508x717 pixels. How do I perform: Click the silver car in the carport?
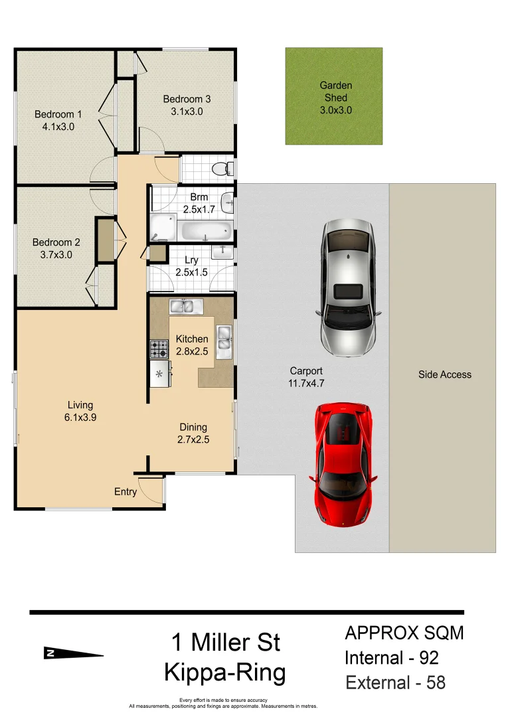(x=348, y=288)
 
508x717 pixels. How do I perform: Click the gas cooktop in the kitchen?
(x=159, y=349)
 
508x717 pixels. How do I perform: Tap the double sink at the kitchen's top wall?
(x=186, y=306)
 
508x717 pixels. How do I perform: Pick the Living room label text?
(x=80, y=405)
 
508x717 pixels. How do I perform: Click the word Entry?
(x=126, y=492)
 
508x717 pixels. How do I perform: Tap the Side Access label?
(x=445, y=374)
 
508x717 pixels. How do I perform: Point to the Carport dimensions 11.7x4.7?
(x=306, y=383)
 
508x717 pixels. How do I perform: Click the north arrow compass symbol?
(x=73, y=653)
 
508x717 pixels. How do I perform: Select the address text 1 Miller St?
(x=226, y=642)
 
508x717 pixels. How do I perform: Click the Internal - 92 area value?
(x=392, y=658)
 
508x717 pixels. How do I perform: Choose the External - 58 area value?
(x=396, y=682)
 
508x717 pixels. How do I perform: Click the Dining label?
(x=193, y=427)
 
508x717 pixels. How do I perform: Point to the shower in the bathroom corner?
(x=162, y=228)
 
